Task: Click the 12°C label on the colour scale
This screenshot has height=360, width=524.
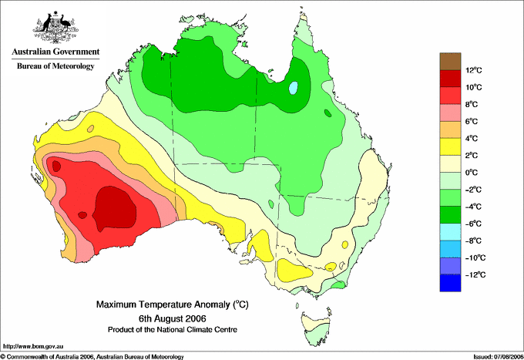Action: coord(474,70)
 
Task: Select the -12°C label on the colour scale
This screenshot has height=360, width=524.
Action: coord(476,274)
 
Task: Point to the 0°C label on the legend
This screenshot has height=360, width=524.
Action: coord(472,173)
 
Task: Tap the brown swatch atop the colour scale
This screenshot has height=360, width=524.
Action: coord(450,61)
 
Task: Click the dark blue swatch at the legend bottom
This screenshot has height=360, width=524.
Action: coord(450,283)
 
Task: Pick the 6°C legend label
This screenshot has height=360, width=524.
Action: coord(472,121)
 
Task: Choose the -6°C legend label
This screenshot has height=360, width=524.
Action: coord(474,224)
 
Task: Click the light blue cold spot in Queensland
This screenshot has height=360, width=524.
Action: coord(293,88)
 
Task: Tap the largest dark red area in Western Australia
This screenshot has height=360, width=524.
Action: coord(114,209)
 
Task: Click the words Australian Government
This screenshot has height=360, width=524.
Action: coord(55,52)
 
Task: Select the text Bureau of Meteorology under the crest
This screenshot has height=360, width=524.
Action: coord(55,66)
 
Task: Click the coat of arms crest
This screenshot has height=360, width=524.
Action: coord(55,27)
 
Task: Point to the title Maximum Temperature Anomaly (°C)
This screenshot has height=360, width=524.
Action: coord(173,304)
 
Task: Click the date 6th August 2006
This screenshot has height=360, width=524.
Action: coord(173,318)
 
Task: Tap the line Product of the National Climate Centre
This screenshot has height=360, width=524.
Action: coord(173,330)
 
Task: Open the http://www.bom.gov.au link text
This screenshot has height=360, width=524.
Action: coord(33,346)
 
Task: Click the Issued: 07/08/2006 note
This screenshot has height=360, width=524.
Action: coord(499,357)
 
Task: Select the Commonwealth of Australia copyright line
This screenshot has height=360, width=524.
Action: coord(92,357)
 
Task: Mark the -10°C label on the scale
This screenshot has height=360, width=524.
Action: coord(476,257)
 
